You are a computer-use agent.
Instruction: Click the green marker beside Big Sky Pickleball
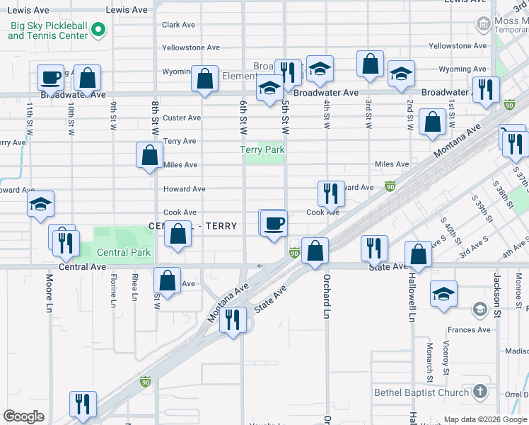pos(98,30)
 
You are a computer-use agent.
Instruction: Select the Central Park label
pos(123,252)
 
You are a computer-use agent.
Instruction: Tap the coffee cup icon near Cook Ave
pos(274,225)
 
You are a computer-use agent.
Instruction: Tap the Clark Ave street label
pos(178,25)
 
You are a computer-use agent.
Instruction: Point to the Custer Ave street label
pos(182,118)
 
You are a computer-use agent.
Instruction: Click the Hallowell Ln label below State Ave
pos(411,297)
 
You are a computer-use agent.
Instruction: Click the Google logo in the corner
pos(23,416)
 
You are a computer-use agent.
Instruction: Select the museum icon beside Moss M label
pos(483,25)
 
